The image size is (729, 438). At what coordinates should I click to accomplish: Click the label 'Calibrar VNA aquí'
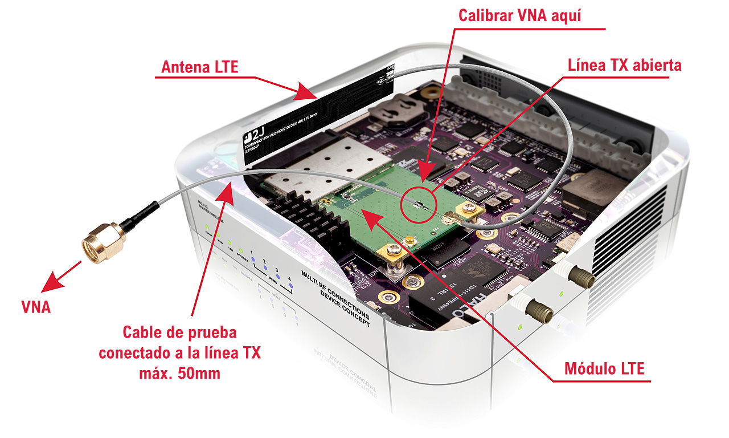tap(520, 15)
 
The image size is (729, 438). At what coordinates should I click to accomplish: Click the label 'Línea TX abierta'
tap(624, 65)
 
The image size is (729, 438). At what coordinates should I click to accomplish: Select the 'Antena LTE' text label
tap(199, 67)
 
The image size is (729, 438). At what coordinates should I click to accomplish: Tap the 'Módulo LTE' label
tap(604, 368)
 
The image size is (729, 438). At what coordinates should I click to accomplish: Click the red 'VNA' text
tap(36, 308)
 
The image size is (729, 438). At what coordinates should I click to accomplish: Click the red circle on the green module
tap(419, 202)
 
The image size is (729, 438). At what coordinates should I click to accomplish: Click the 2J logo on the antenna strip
tap(251, 136)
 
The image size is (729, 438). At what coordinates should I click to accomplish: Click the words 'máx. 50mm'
tap(179, 374)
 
